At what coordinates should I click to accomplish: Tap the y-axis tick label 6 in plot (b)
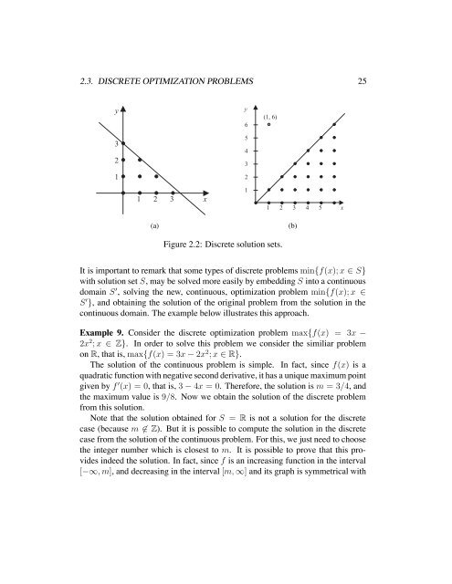click(247, 125)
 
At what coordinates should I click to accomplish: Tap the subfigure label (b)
click(294, 224)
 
